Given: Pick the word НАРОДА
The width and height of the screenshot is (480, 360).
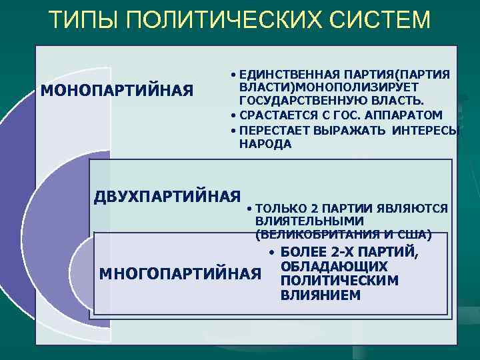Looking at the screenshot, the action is pos(265,144).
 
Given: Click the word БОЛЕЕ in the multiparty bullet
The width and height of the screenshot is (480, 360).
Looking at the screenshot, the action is pos(303,253).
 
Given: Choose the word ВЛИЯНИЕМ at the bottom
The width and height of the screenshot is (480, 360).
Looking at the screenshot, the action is pos(321,295).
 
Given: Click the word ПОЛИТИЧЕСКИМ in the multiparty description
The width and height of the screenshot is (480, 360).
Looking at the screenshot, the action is pos(340,281).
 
